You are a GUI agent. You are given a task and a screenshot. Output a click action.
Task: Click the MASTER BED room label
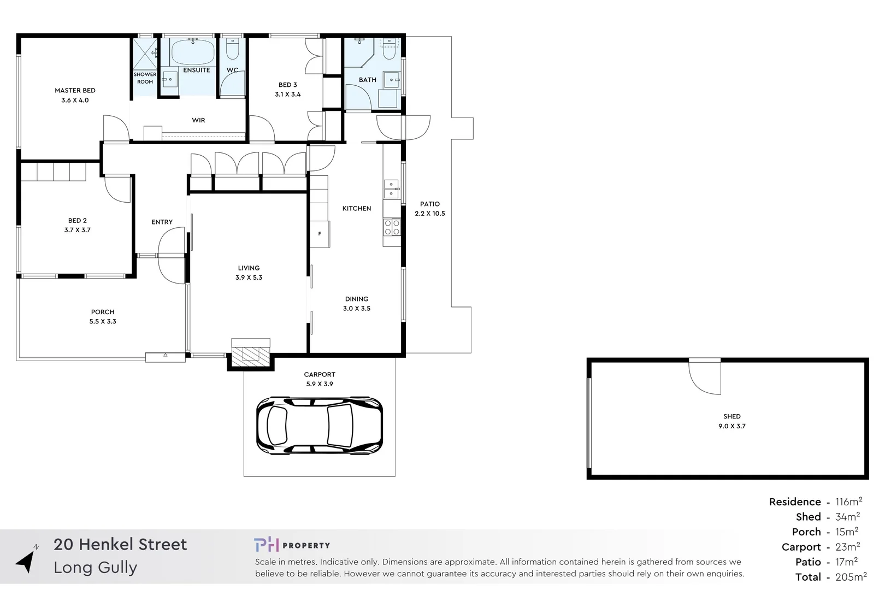pos(75,95)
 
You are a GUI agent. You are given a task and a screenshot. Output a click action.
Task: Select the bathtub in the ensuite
pos(193,52)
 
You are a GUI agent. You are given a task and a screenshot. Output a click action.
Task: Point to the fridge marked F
pos(320,234)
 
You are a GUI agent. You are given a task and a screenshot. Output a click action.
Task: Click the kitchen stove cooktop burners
pos(392,227)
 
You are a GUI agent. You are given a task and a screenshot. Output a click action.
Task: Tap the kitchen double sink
pos(391,189)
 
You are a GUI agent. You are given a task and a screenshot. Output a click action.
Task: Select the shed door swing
pos(705,377)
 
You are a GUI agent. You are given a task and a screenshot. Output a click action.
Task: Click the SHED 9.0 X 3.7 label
pos(731,421)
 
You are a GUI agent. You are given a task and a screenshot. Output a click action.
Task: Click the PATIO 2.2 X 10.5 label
pos(430,209)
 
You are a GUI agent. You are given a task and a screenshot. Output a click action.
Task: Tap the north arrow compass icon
pos(26,560)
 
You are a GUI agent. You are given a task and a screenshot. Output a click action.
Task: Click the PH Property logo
pos(292,545)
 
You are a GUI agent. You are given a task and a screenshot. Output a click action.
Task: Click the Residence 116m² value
pos(848,501)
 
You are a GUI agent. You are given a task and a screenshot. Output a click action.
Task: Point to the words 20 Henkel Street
pos(120,544)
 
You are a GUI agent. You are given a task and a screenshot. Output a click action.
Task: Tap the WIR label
pos(198,120)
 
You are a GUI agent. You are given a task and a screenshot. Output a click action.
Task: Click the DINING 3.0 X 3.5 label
pos(357,304)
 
